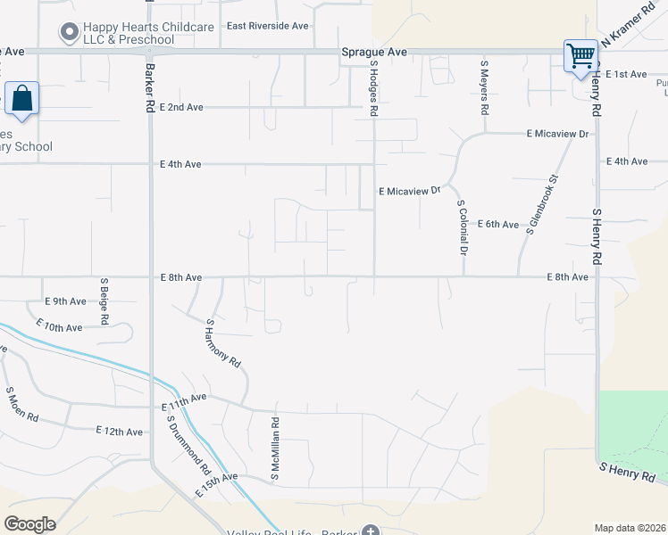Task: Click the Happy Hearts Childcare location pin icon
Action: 69,34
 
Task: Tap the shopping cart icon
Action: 580,55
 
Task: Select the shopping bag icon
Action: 21,98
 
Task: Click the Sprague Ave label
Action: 374,53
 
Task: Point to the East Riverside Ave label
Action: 267,26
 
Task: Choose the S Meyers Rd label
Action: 484,87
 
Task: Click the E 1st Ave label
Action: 625,74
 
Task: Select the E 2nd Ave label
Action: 181,107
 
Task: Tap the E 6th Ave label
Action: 497,224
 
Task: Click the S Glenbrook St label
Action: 541,205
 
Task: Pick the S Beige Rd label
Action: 104,301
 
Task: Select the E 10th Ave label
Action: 63,327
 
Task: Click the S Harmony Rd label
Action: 223,343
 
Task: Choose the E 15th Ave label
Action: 216,485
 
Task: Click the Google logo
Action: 29,523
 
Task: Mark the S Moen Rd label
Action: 22,404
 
